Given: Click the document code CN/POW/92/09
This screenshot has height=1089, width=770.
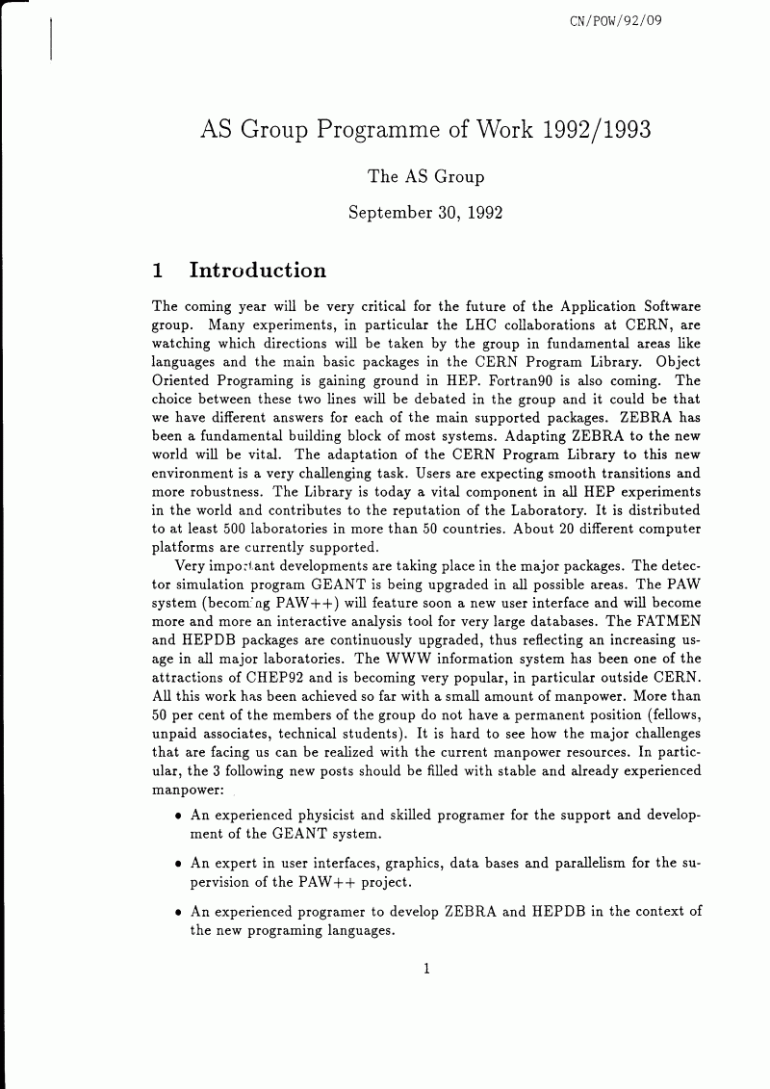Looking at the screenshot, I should (x=616, y=19).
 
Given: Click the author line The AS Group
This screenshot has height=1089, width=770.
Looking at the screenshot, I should (x=426, y=176).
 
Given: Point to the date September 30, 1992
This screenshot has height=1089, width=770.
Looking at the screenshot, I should (x=426, y=212).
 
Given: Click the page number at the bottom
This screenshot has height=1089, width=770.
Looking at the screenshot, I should (x=425, y=970).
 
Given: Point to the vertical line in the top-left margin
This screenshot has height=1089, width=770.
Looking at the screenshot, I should (x=50, y=39).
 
